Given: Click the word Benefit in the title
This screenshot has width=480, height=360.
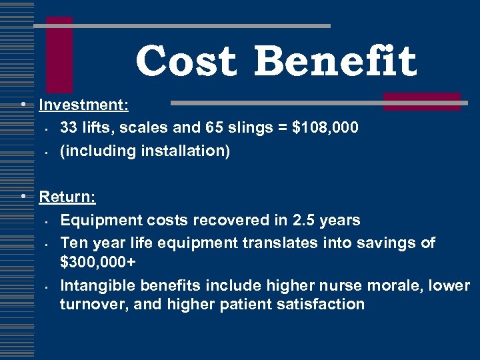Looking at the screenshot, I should click(x=335, y=61).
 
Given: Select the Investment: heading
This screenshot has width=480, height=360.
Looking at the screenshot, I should click(x=84, y=105).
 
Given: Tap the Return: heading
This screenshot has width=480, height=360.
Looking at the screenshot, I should click(x=67, y=197).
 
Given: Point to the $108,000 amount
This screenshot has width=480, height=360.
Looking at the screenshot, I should click(x=325, y=127).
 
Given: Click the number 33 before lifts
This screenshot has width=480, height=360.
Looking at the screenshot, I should click(x=69, y=127).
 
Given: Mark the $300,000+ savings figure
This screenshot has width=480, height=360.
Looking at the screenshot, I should click(x=98, y=262).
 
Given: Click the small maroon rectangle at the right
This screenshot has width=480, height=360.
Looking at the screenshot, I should click(x=421, y=101).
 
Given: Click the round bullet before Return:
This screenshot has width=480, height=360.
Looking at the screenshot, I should click(x=23, y=197).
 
